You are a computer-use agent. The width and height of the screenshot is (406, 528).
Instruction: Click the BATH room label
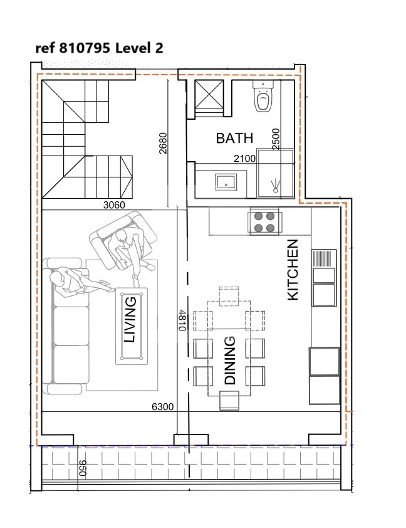click(x=234, y=138)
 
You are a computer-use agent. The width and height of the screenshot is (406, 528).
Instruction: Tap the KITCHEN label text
click(x=293, y=270)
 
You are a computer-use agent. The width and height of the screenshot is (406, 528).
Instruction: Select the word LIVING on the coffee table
click(x=130, y=320)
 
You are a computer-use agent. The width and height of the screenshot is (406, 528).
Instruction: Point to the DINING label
click(x=230, y=361)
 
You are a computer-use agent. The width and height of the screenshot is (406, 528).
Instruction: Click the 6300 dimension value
click(x=163, y=407)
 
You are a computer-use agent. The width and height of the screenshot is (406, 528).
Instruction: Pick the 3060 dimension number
click(x=114, y=204)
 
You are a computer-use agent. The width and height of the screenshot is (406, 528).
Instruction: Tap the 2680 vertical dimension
click(x=163, y=144)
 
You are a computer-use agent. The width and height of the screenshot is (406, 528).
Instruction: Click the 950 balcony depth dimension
click(x=83, y=468)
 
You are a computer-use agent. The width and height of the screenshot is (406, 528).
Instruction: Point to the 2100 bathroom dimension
click(x=244, y=158)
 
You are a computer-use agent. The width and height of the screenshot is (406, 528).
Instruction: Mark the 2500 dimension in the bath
click(x=276, y=139)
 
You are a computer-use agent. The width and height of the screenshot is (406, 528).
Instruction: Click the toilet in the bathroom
click(x=263, y=97)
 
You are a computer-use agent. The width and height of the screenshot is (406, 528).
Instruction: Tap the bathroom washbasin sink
click(x=226, y=182)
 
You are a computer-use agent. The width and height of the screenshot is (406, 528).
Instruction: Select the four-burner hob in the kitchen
click(x=264, y=223)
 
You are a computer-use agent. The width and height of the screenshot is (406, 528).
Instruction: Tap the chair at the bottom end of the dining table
click(x=229, y=400)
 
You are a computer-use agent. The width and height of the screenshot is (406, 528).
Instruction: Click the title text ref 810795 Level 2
click(x=99, y=48)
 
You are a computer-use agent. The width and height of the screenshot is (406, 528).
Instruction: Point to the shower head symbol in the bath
click(x=276, y=186)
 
